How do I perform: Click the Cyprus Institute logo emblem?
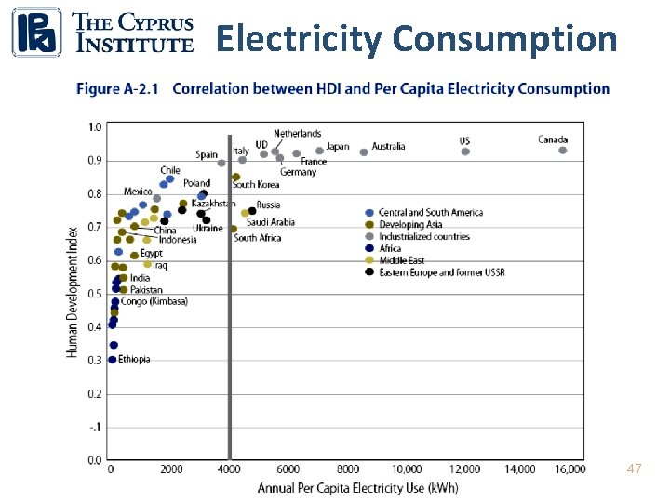tap(36, 33)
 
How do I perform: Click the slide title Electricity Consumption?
tap(416, 39)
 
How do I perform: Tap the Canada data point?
tap(562, 151)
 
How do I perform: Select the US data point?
tap(465, 152)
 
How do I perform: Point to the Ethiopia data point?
tap(113, 360)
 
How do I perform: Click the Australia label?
tap(388, 146)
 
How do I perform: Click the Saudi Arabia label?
tap(271, 222)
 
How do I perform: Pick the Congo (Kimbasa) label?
tap(154, 301)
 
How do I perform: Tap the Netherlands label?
tap(297, 134)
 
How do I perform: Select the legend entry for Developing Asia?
tap(409, 224)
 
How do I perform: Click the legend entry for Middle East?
tap(401, 260)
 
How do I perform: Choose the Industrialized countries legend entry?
tap(423, 236)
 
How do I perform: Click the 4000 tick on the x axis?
tap(230, 469)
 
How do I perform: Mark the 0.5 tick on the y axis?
tap(96, 294)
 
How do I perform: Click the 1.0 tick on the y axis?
tap(96, 126)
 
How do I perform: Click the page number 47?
tap(634, 469)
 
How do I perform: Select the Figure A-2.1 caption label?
tap(117, 89)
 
